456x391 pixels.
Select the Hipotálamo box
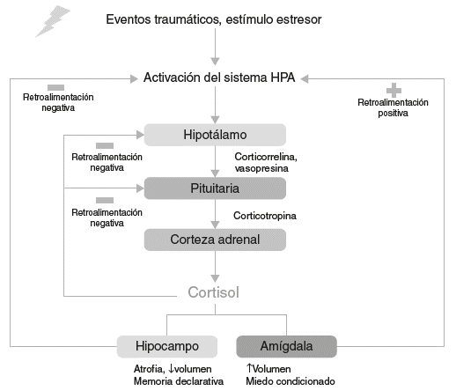click(216, 135)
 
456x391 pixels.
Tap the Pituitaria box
click(216, 188)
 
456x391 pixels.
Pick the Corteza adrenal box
click(216, 239)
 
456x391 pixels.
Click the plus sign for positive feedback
click(393, 89)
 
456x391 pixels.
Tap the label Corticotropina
click(265, 215)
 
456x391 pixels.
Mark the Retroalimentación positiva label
click(393, 107)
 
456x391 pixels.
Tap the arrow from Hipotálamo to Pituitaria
click(216, 162)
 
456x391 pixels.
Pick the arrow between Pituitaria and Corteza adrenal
click(216, 214)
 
